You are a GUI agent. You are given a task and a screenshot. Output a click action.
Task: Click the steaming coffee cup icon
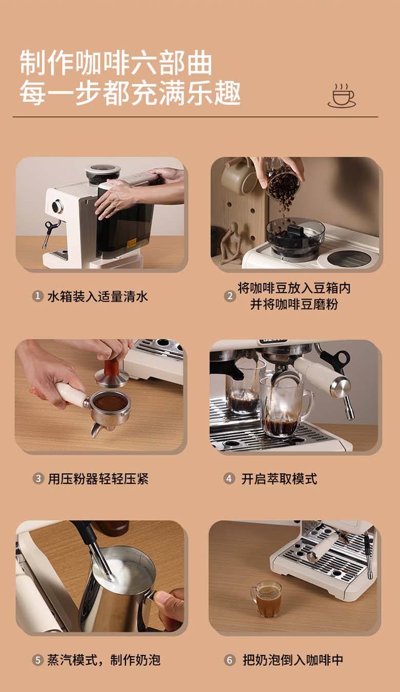pos(342,95)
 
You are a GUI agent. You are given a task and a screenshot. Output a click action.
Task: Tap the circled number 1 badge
pos(38,296)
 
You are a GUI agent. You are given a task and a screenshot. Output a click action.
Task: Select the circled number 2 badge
pos(230,296)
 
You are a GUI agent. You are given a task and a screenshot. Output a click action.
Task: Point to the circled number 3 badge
pos(38,479)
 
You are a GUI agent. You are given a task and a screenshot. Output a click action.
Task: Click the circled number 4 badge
pos(229,479)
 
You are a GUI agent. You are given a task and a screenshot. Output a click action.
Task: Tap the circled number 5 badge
pos(38,660)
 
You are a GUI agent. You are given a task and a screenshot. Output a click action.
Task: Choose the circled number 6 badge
pos(229,660)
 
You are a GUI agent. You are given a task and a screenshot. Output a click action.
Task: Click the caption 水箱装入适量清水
pos(97,296)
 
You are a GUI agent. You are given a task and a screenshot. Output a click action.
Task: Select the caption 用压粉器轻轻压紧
pos(98,479)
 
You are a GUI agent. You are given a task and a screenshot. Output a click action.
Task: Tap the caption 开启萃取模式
pos(279,479)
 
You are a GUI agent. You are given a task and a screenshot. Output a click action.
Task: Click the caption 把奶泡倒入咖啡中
pos(293,660)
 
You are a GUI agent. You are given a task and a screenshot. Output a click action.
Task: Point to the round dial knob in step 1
pos(57,207)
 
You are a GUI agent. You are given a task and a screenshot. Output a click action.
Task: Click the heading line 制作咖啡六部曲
pos(116,64)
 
